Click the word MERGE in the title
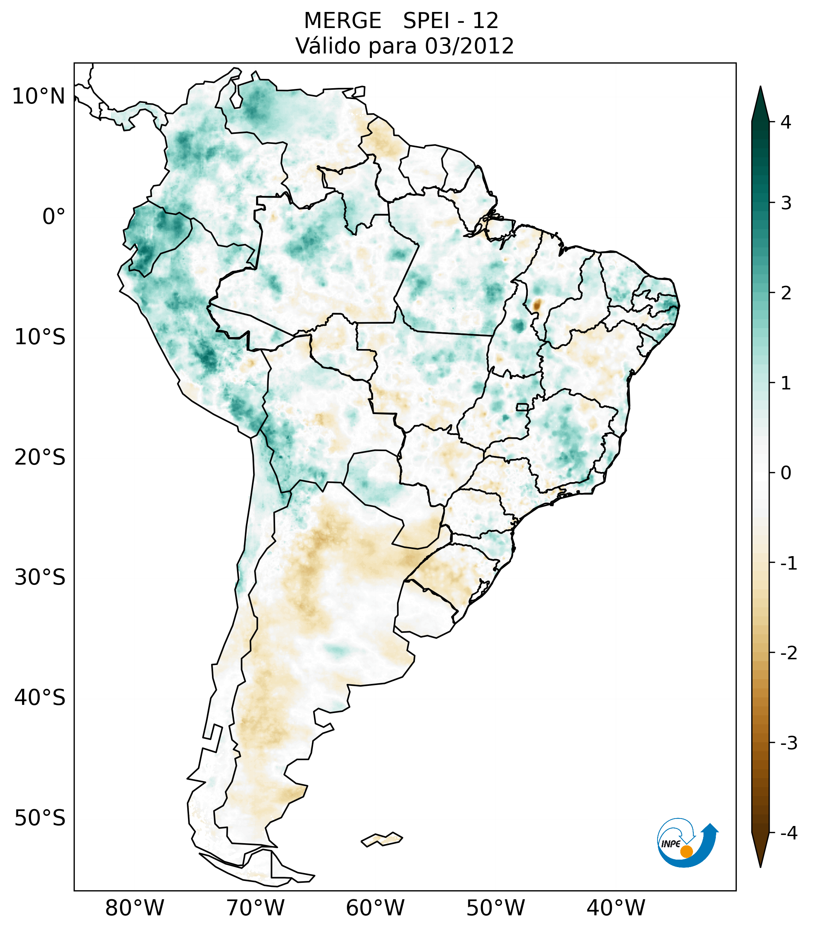342,21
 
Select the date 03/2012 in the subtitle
469,46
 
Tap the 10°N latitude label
38,96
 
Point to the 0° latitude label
54,217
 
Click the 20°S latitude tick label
40,457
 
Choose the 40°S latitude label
40,698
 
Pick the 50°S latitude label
40,819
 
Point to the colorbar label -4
788,833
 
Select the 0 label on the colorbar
786,473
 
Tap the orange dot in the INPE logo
686,851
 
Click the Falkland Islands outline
382,839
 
